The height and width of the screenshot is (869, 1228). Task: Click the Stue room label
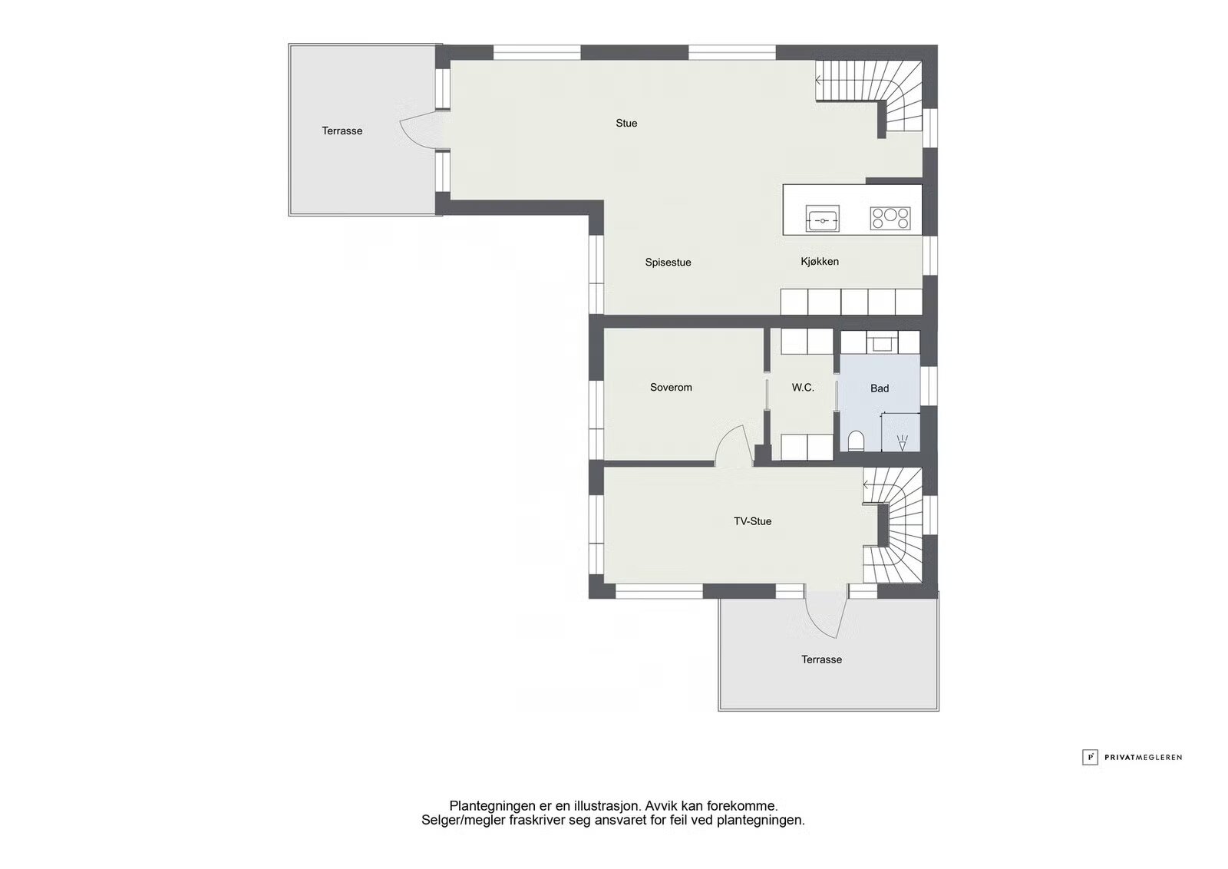[626, 124]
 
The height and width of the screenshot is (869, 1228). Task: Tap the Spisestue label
[668, 262]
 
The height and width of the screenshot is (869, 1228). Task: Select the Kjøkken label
[820, 262]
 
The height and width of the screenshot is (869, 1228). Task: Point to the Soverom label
[671, 387]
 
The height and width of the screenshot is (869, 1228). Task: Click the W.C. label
[803, 388]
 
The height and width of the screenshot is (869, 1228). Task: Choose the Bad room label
[880, 388]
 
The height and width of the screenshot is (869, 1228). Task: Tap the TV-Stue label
[753, 521]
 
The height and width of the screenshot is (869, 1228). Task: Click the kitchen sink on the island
[822, 218]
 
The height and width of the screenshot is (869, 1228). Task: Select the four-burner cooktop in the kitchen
[890, 218]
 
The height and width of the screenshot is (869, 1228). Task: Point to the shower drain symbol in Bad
[902, 442]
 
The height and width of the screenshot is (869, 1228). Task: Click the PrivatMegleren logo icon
[1090, 757]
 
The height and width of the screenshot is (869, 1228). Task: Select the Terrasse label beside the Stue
[342, 131]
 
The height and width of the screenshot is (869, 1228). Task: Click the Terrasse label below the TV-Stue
[821, 659]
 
